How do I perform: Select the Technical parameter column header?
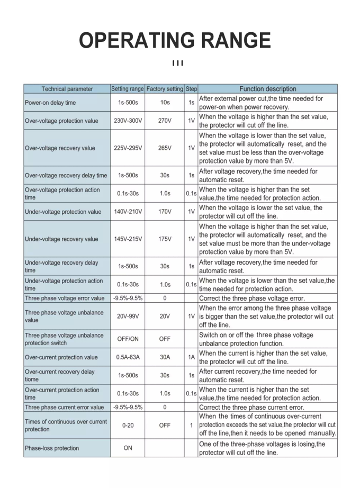(67, 89)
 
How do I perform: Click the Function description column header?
(268, 89)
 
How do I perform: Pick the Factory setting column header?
(165, 89)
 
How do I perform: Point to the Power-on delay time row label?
(50, 103)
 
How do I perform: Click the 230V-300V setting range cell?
(128, 121)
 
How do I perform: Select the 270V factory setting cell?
(165, 121)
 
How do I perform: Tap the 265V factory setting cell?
(165, 148)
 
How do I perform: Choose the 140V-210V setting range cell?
(128, 212)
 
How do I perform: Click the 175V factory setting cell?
(165, 239)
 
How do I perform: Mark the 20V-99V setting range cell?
(128, 316)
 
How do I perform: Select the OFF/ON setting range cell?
(128, 339)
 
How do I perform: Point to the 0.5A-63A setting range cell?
(128, 357)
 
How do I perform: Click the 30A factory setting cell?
(165, 357)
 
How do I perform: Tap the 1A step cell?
(192, 357)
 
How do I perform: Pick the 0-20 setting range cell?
(128, 425)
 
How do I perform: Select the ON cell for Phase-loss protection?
(128, 448)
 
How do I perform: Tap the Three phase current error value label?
(65, 408)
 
